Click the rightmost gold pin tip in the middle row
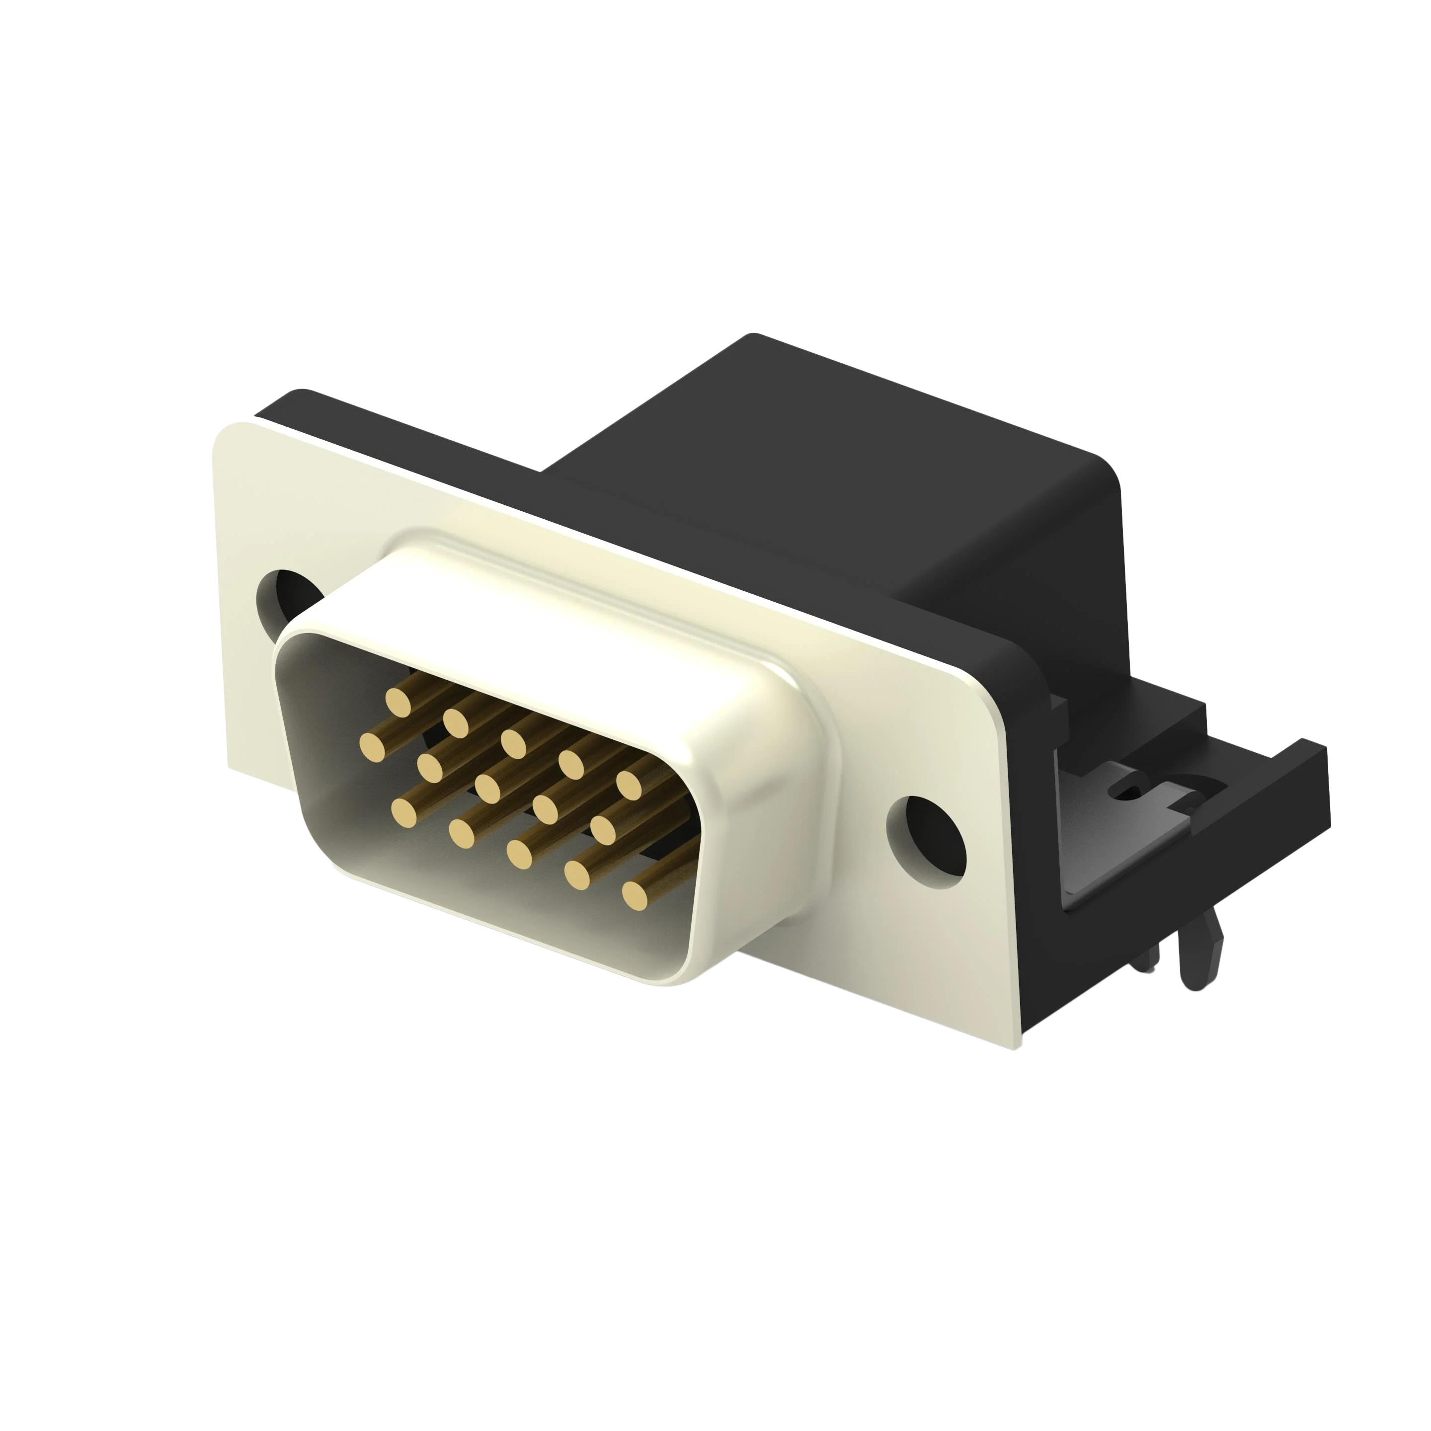(x=604, y=830)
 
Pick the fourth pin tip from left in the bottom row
(x=578, y=874)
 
